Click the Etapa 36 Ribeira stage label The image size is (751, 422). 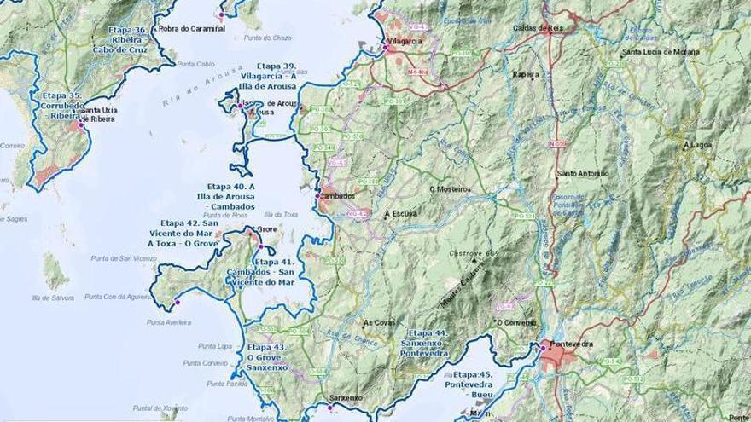coord(129,40)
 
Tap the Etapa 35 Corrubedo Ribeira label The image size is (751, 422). coord(64,106)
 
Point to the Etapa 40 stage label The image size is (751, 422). coord(230,196)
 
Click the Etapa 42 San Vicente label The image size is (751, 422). coord(182,233)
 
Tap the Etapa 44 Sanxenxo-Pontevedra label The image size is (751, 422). coord(428,343)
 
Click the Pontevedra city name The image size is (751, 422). coord(572,344)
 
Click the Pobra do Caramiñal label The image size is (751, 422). coord(192,28)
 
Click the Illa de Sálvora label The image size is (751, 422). coord(52,298)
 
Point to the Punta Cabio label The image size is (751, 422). coord(195,64)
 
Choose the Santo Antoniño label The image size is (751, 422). coord(583,174)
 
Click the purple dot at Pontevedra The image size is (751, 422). coord(543,346)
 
